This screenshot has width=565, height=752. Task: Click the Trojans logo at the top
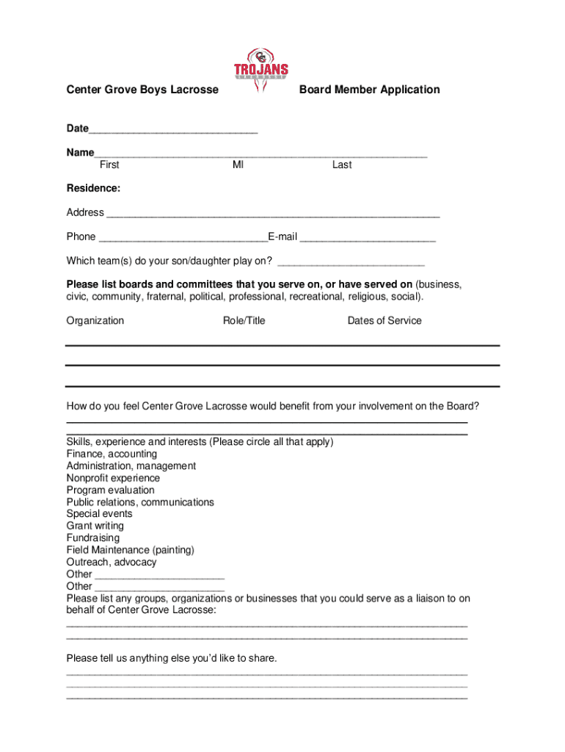[261, 71]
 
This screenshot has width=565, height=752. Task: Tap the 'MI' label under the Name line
[238, 165]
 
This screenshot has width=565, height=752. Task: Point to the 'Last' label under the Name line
[342, 165]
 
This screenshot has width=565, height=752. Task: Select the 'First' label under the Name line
[109, 165]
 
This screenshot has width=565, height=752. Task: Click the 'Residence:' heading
[93, 189]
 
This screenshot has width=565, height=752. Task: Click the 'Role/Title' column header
[244, 321]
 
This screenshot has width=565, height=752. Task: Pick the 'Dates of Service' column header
[384, 321]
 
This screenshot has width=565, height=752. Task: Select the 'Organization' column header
[95, 321]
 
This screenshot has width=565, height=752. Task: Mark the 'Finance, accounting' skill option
[112, 455]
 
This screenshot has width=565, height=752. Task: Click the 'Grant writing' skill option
[95, 527]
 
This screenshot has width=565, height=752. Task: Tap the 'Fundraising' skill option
[93, 538]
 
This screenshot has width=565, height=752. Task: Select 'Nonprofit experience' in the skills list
[113, 478]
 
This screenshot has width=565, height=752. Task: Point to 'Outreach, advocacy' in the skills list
[112, 563]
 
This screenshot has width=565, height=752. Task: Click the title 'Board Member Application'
[370, 90]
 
